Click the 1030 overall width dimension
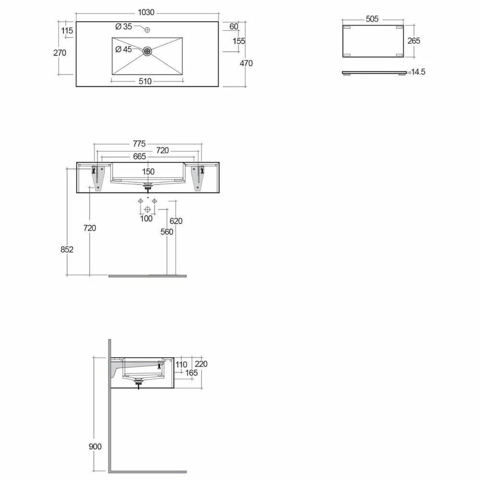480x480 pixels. click(x=146, y=12)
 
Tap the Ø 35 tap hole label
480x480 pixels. click(x=124, y=26)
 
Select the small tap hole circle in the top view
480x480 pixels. click(x=147, y=30)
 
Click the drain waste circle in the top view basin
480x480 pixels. click(x=147, y=51)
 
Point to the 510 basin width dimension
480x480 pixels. click(x=145, y=82)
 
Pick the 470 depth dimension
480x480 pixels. click(x=246, y=63)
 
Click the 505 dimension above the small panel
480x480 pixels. click(x=372, y=19)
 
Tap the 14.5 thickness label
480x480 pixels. click(x=418, y=72)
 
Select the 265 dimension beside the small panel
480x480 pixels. click(x=414, y=41)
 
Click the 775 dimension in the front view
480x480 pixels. click(x=139, y=144)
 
